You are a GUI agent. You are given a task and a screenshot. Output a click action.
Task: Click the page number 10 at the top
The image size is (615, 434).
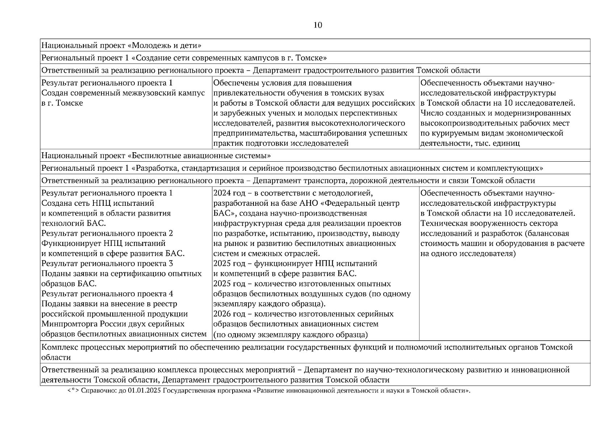pos(318,25)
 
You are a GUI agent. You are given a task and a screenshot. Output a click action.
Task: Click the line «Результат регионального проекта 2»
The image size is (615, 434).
pos(107,233)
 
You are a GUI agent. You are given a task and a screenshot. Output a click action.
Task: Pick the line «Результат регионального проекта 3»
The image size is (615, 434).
pos(107,264)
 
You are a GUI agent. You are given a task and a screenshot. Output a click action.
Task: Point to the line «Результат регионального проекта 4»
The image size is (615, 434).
pos(107,294)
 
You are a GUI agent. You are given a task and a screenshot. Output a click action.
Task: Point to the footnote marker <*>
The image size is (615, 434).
pos(74,391)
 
